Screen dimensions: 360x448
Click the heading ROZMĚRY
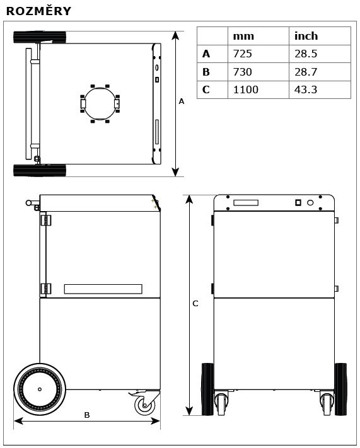(x=38, y=11)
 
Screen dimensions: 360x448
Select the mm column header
(x=243, y=37)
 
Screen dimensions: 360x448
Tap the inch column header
(x=306, y=36)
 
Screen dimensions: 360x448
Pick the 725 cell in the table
(x=243, y=54)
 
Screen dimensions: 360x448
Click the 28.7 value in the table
(x=306, y=72)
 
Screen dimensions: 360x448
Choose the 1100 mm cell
(x=246, y=89)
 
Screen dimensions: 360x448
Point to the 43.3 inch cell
(x=306, y=89)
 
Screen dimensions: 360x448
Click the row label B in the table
(x=206, y=72)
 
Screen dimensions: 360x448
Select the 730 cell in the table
(x=243, y=72)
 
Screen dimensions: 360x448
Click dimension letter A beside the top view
(x=182, y=101)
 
